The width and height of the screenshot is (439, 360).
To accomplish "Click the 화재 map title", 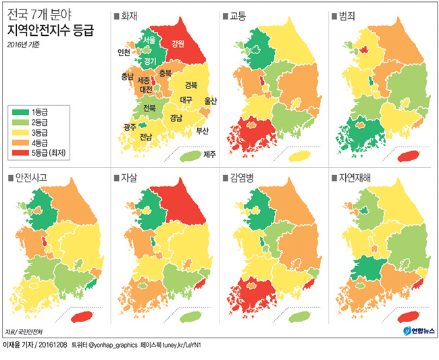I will pos(129,15).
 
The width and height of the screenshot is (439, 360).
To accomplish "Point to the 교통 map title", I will pos(238,15).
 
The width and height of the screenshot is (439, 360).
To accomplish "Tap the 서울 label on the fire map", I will pos(149,41).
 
